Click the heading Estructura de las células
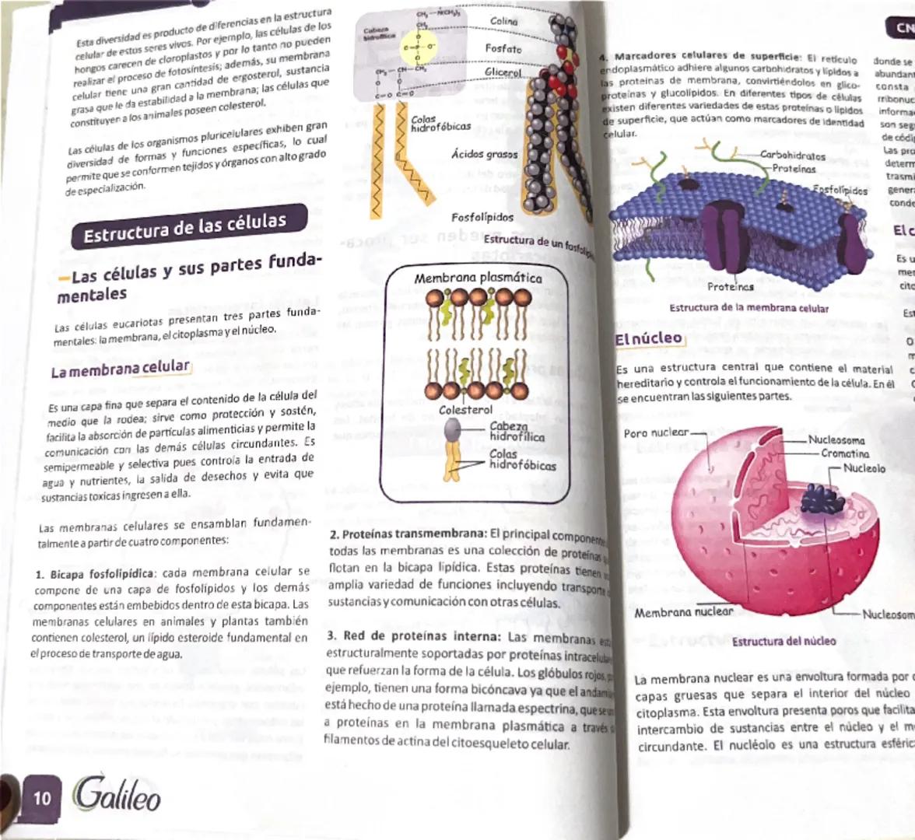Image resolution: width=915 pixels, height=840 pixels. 185,227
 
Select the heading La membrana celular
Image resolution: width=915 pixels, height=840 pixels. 120,369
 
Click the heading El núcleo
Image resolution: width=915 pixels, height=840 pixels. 648,339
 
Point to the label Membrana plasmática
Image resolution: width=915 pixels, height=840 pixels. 478,278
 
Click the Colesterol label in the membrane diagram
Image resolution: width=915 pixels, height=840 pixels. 465,409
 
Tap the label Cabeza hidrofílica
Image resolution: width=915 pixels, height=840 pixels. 517,432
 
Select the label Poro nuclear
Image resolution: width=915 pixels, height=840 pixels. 656,432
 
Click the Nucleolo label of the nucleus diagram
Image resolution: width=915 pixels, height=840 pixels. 864,469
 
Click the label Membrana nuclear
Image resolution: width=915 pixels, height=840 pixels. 683,612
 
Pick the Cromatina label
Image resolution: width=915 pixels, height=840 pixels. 845,453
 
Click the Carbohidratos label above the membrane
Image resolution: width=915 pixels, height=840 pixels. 792,156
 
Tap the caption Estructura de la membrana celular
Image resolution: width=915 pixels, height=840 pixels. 748,308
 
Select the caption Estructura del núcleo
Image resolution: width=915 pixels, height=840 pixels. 784,642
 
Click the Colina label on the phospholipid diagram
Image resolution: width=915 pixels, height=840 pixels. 503,21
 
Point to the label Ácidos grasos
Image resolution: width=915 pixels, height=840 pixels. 484,154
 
